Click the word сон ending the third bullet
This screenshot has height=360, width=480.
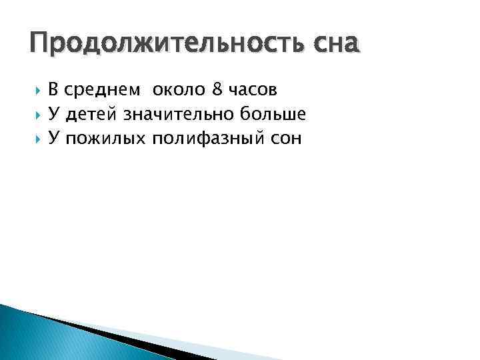pyautogui.click(x=285, y=139)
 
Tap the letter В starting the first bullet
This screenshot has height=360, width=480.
pyautogui.click(x=54, y=89)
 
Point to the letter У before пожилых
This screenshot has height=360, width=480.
pyautogui.click(x=54, y=139)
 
